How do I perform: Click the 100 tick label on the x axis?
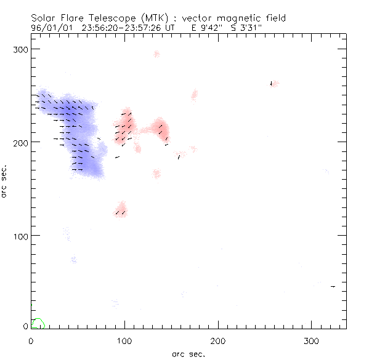[124, 340]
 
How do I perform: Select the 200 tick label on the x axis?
[218, 340]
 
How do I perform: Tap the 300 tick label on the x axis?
[312, 340]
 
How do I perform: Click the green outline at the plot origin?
[38, 323]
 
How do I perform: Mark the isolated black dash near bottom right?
[333, 286]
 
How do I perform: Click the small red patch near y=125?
[121, 209]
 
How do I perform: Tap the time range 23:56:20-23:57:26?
[127, 28]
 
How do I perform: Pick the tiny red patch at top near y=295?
[156, 54]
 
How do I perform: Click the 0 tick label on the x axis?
[31, 340]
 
